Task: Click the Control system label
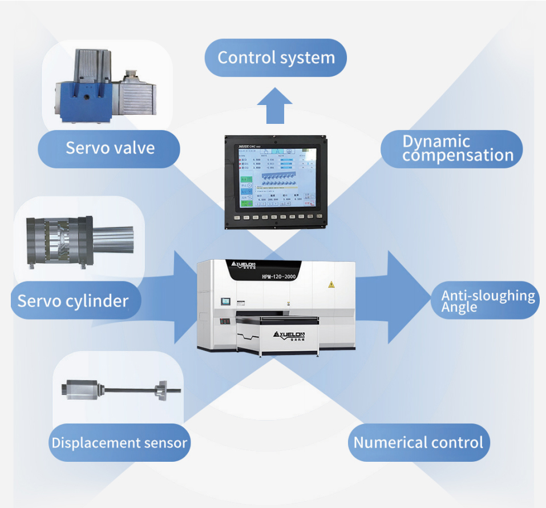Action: tap(276, 58)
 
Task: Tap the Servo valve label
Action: tap(110, 148)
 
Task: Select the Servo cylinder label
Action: tap(73, 301)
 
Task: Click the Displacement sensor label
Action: tap(119, 443)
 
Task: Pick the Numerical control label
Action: tap(418, 443)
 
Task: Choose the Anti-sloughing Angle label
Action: tap(488, 301)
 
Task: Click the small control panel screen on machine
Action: tap(227, 301)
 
